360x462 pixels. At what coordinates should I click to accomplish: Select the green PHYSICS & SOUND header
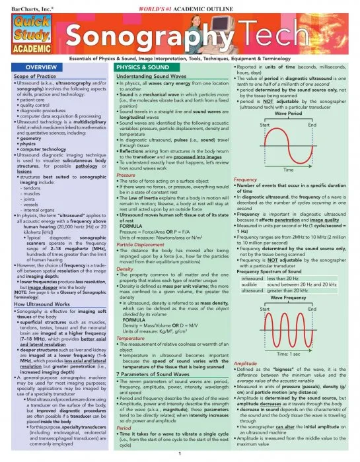click(141, 68)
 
